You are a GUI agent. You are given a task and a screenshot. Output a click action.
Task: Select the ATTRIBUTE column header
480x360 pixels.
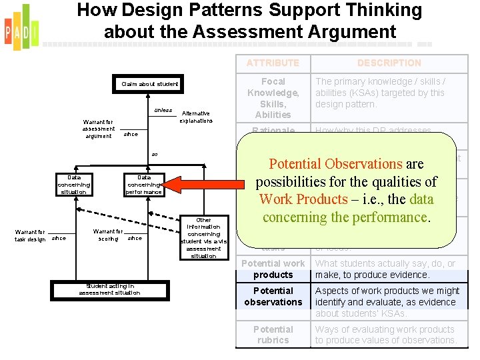tap(273, 63)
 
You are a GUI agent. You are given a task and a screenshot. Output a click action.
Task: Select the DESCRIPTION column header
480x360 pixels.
tap(389, 63)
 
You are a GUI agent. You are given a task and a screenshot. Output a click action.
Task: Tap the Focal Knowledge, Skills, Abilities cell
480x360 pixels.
tap(273, 98)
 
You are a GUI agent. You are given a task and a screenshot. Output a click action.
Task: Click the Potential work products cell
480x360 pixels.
tap(273, 269)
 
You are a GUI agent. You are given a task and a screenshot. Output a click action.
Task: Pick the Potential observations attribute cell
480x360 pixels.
tap(273, 297)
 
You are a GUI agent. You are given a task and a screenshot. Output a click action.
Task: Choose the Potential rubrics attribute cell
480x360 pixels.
tap(273, 335)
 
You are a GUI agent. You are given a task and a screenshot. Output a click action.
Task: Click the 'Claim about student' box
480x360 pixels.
tap(149, 84)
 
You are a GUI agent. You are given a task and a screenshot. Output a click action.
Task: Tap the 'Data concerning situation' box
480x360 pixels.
tap(74, 185)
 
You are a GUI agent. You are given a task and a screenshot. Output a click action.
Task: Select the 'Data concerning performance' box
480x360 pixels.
tap(144, 185)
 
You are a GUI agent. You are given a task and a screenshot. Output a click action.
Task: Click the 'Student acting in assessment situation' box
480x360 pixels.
tap(109, 289)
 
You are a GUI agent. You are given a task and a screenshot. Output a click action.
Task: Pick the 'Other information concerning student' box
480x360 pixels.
tap(203, 237)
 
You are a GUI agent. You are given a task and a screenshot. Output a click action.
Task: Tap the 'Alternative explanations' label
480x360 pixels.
tap(196, 117)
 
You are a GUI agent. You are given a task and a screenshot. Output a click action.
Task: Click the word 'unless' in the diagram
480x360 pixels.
tap(163, 110)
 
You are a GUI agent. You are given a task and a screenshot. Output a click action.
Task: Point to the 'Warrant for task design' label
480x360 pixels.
tap(31, 235)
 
